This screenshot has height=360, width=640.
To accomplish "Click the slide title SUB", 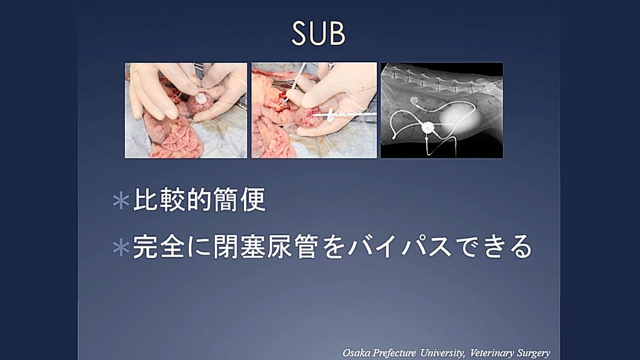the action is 318,33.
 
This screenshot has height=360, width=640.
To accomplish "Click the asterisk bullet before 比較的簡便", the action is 121,201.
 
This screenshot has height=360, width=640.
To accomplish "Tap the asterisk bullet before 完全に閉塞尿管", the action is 121,247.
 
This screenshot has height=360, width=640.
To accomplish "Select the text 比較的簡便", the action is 200,200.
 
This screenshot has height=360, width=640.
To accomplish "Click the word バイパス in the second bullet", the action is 400,247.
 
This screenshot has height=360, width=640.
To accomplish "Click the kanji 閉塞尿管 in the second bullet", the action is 265,247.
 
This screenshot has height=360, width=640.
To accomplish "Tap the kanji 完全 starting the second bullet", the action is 159,247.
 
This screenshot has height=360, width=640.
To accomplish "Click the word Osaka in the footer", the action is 357,352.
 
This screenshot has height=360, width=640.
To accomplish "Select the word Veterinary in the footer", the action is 492,352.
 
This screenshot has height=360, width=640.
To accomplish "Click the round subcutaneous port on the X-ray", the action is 427,127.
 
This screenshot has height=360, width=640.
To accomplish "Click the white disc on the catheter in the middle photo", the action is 330,116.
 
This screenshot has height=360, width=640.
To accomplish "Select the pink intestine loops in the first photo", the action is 175,136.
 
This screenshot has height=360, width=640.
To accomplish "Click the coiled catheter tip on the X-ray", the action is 414,100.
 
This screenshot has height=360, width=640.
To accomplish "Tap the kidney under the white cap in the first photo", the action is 199,105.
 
